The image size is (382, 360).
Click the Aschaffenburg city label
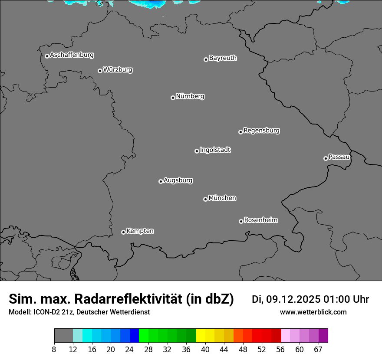coord(72,55)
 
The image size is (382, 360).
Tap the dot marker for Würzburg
coord(100,71)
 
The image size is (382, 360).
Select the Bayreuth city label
coord(223,58)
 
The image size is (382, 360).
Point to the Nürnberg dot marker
coord(173,98)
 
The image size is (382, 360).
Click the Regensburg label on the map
coord(261,131)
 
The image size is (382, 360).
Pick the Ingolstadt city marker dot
coord(197,151)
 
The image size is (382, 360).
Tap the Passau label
coord(339,157)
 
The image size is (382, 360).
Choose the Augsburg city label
coord(178,180)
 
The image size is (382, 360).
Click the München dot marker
coord(205,199)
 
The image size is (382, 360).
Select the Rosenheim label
coord(260,220)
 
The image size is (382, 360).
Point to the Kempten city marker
coord(123,232)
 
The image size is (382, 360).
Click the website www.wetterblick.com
coord(313,312)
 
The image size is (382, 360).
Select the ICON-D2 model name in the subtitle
coord(41,312)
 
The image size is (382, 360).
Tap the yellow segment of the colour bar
coord(201,336)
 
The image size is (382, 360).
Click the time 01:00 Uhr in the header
coord(346,299)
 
